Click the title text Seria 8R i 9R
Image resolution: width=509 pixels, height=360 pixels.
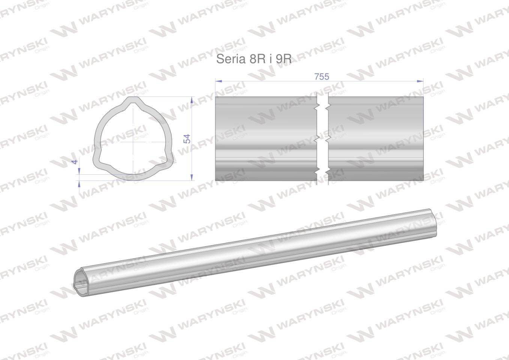click(254, 59)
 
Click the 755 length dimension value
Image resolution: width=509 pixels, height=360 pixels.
click(322, 77)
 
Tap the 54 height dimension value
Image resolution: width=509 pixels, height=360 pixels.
click(187, 138)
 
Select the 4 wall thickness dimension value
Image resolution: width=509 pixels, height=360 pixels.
click(75, 162)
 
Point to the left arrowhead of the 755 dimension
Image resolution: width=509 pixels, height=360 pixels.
click(219, 81)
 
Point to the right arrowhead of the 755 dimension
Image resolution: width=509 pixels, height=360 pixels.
click(420, 81)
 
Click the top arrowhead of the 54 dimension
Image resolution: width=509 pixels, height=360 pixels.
click(192, 100)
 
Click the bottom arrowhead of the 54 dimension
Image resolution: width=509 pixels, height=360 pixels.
click(192, 177)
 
